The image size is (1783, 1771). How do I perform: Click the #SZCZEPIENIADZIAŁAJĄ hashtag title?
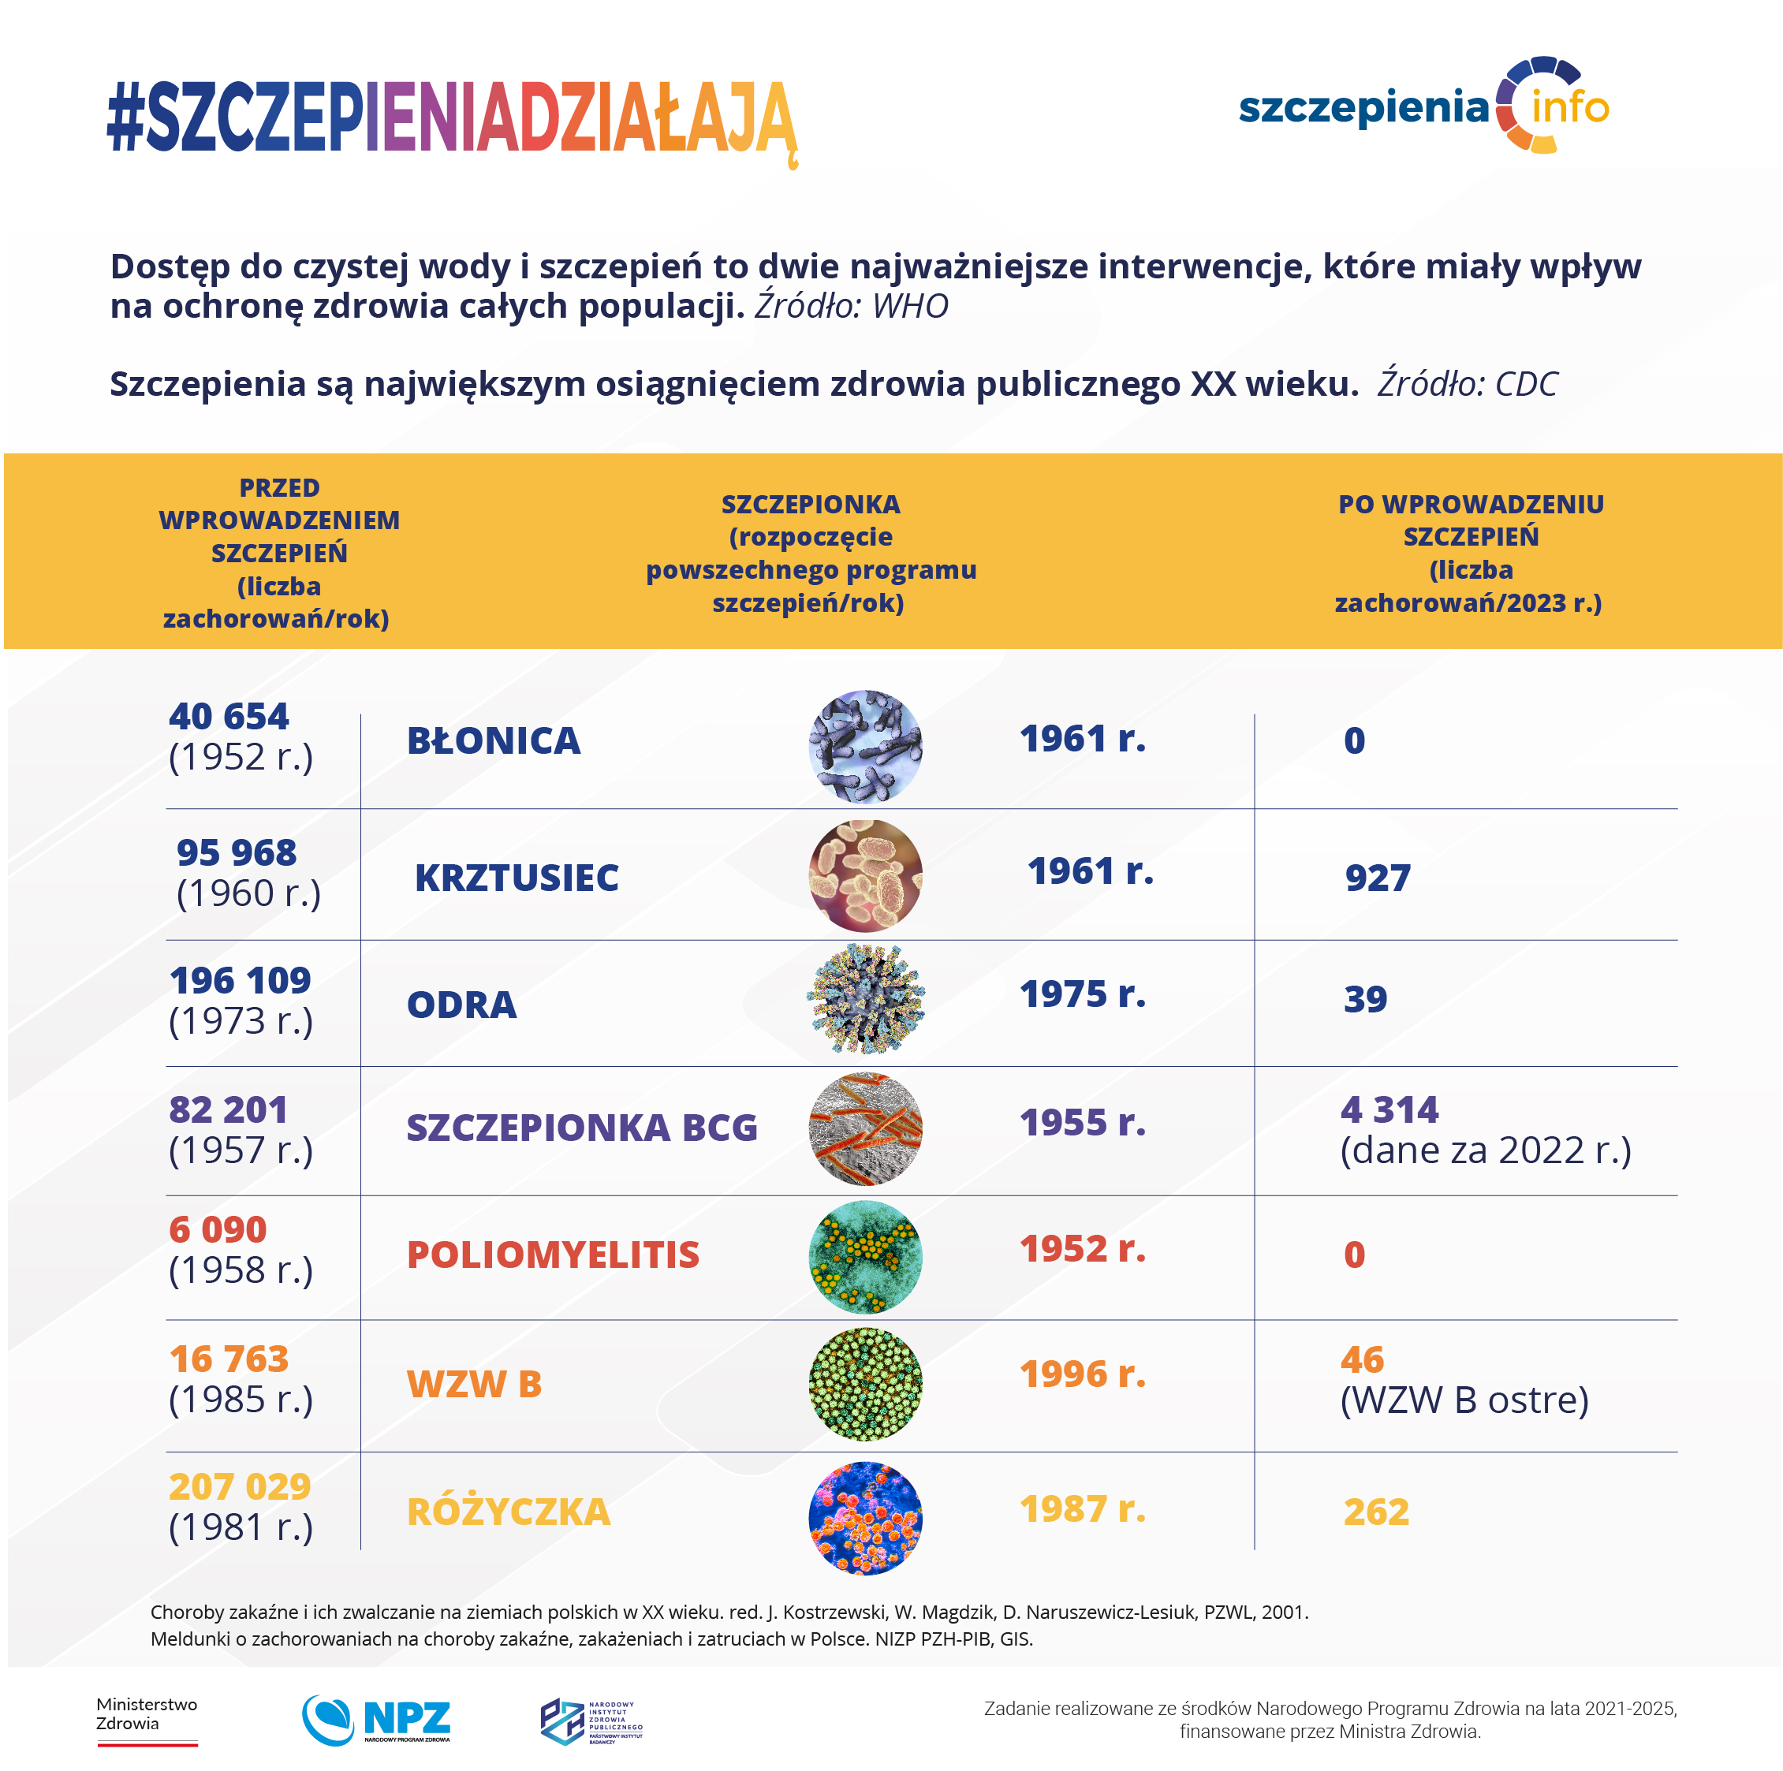coord(451,118)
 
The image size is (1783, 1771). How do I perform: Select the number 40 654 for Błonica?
coord(228,716)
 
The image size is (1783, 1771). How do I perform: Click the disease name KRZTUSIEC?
coord(516,878)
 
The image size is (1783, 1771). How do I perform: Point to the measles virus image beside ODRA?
coord(865,1000)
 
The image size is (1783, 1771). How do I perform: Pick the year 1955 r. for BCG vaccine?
coord(1082,1123)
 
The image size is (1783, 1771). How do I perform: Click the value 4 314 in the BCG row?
coord(1388,1109)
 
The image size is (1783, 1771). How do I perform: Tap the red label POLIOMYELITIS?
coord(553,1255)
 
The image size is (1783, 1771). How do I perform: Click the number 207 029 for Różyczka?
coord(239,1487)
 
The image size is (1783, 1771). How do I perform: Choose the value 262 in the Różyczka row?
coord(1375,1512)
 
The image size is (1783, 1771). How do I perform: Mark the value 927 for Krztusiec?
coord(1377,878)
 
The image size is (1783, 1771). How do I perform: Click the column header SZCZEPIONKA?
coord(811,505)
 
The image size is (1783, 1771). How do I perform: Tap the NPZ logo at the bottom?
coord(376,1719)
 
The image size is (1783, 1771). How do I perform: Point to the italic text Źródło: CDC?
coord(1467,384)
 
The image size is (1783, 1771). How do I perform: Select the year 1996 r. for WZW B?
coord(1082,1375)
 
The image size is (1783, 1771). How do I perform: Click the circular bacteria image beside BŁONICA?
coord(865,746)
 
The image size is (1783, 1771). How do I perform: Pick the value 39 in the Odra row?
coord(1365,998)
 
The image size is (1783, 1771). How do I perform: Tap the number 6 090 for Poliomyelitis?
coord(218,1229)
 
